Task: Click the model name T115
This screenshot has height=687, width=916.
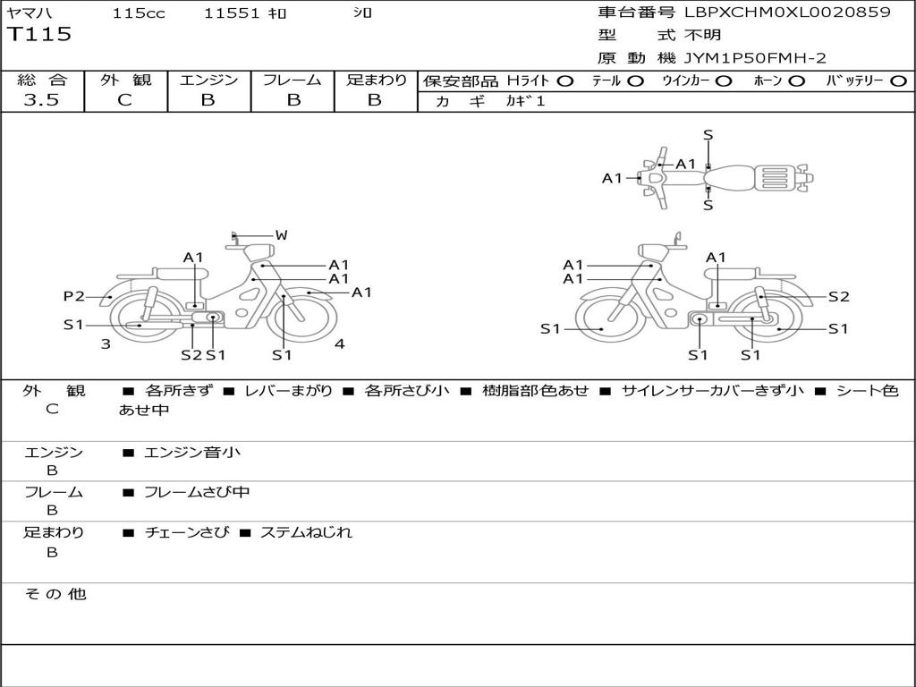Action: click(39, 35)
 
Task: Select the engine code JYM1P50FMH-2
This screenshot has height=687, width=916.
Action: click(755, 58)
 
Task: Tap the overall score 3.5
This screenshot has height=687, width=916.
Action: click(41, 100)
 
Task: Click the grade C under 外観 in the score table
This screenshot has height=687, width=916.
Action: click(125, 100)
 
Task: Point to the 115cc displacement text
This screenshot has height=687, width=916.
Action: click(139, 13)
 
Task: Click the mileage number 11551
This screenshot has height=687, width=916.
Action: click(232, 13)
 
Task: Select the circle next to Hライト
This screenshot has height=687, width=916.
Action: click(565, 81)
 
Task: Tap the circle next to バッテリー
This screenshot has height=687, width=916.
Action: click(898, 81)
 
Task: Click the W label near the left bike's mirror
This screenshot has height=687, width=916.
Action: click(282, 235)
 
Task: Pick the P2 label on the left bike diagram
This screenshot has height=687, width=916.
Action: click(74, 296)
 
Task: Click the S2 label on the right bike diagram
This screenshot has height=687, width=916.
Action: click(839, 297)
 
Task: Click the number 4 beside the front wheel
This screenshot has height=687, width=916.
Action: click(339, 343)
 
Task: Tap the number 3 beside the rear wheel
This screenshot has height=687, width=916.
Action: click(106, 344)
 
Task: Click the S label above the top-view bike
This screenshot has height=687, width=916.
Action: click(708, 136)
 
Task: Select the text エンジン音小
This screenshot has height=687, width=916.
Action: click(191, 452)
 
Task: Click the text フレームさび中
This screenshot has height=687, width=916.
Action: click(197, 492)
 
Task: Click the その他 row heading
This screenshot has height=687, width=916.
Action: click(55, 594)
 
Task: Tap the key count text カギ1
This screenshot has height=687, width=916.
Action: click(525, 101)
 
